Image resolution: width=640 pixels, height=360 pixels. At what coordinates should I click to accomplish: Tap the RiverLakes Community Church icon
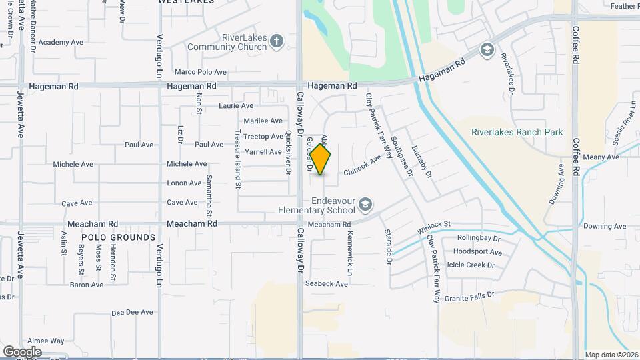tap(277, 43)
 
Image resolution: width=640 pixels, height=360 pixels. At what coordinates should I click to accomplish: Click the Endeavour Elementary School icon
tap(365, 203)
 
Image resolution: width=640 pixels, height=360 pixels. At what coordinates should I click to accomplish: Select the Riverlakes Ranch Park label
tap(527, 132)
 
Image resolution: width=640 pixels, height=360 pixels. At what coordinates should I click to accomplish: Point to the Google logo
tap(22, 351)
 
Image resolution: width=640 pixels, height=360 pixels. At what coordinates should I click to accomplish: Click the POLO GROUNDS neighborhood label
tap(119, 237)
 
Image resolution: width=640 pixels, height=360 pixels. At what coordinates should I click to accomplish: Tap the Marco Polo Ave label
tap(201, 72)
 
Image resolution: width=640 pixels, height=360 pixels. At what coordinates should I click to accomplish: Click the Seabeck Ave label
tap(327, 283)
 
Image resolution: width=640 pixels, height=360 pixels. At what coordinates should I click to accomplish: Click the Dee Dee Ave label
tap(133, 312)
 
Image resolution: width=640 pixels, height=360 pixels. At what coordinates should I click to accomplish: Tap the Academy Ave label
tap(61, 43)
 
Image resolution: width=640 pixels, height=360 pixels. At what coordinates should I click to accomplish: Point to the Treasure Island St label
tap(237, 159)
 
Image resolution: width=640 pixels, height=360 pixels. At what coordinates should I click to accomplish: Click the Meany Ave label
tap(601, 157)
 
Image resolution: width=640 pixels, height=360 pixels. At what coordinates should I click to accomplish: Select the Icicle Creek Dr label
tap(471, 265)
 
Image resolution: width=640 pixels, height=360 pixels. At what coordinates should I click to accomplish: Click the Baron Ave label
tap(87, 285)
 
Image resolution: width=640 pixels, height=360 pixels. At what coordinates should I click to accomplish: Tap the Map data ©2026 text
tap(611, 355)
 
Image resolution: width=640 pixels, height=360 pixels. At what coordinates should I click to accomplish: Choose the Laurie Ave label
tap(236, 106)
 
